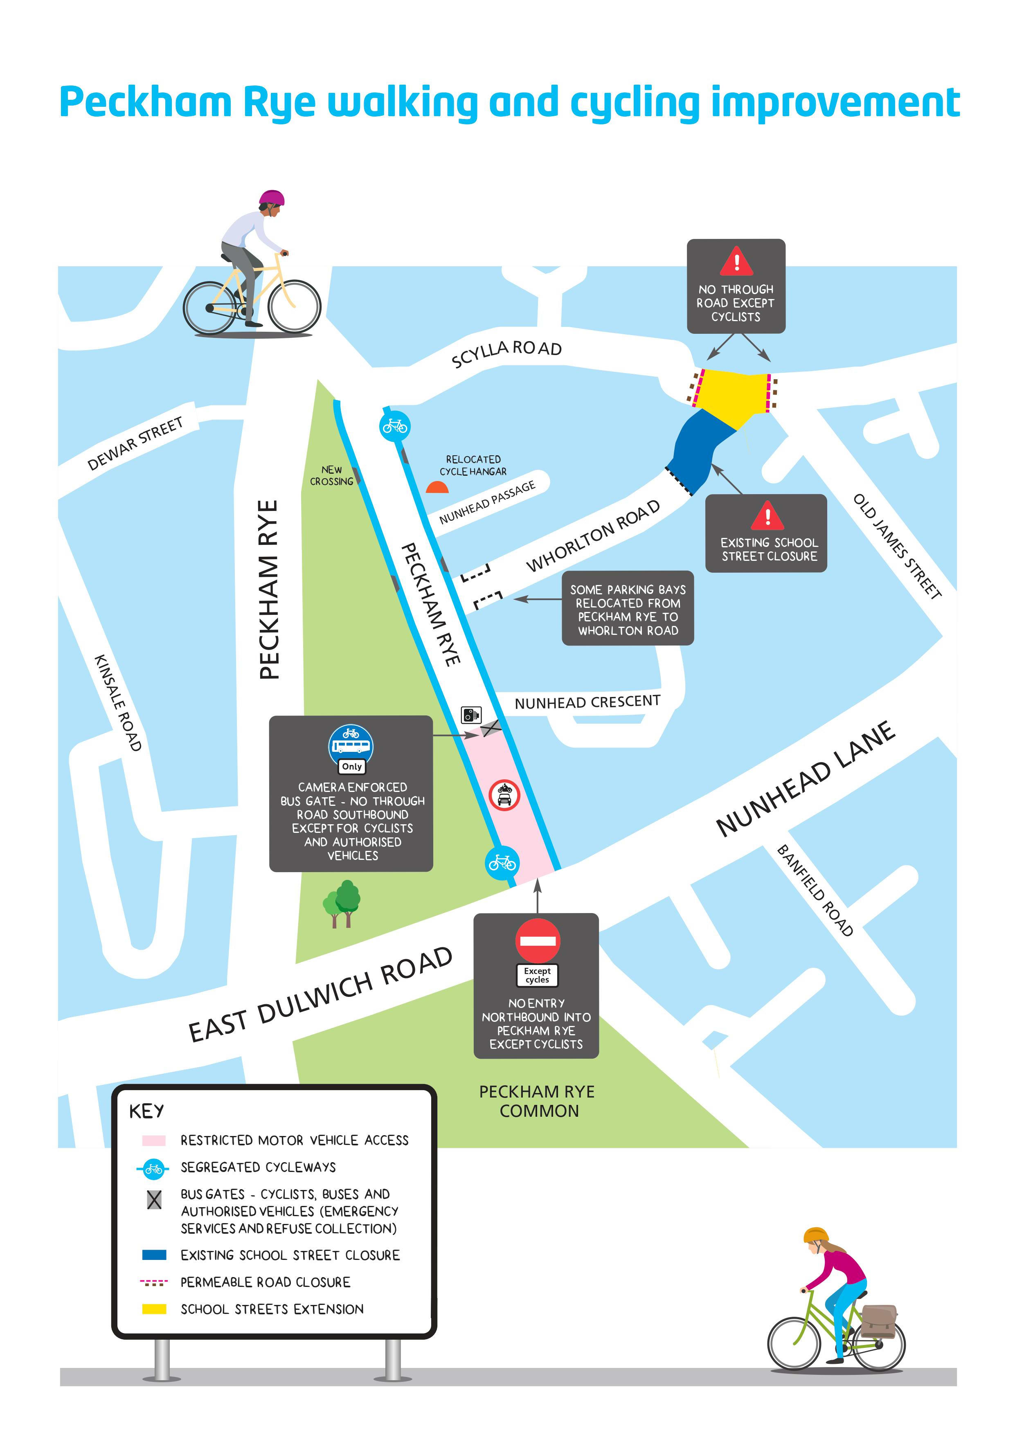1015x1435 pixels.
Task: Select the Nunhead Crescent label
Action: [587, 702]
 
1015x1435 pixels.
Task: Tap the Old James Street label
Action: [897, 546]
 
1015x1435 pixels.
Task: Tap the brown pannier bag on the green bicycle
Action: [878, 1320]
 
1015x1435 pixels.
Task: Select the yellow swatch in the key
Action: [154, 1308]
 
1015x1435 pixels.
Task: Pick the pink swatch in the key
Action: [154, 1140]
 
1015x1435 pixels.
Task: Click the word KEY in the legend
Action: [146, 1111]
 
